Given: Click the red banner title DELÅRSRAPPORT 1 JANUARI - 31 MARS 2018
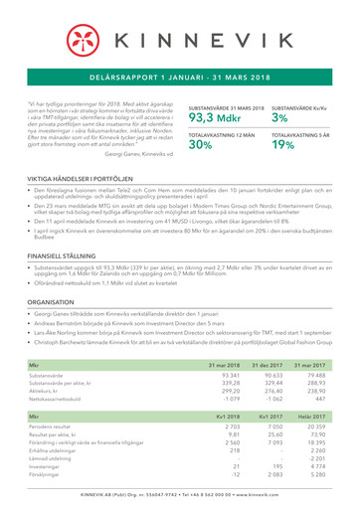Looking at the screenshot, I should (180, 75).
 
